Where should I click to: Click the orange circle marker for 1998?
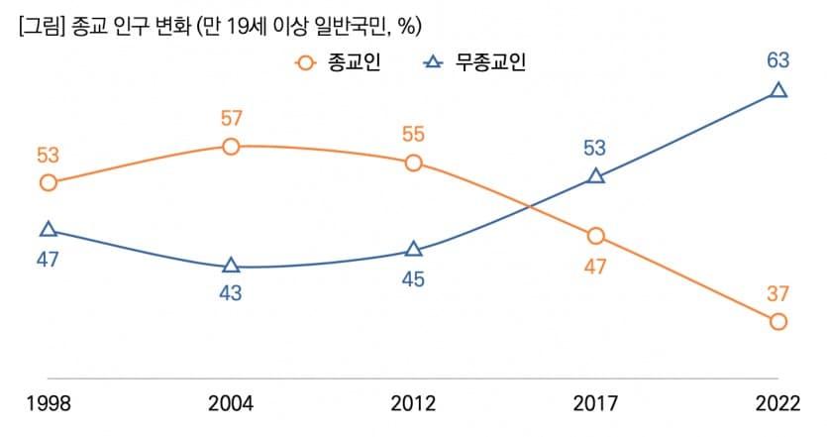coord(48,182)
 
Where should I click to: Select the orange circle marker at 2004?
coord(231,147)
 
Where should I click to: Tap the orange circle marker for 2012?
coord(413,163)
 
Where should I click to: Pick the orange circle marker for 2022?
coord(778,321)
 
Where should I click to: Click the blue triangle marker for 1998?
coord(48,230)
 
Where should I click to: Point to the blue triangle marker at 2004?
coord(231,266)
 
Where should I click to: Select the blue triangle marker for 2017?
coord(595,176)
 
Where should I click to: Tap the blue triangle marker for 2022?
coord(778,91)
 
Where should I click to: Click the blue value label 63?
coord(778,61)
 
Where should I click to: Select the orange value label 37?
coord(778,293)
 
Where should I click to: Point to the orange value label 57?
coord(231,119)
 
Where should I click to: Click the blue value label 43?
coord(231,293)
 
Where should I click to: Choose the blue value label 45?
coord(413,278)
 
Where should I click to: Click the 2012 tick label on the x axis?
coord(413,403)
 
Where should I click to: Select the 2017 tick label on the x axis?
coord(595,403)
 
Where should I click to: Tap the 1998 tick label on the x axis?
coord(48,403)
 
